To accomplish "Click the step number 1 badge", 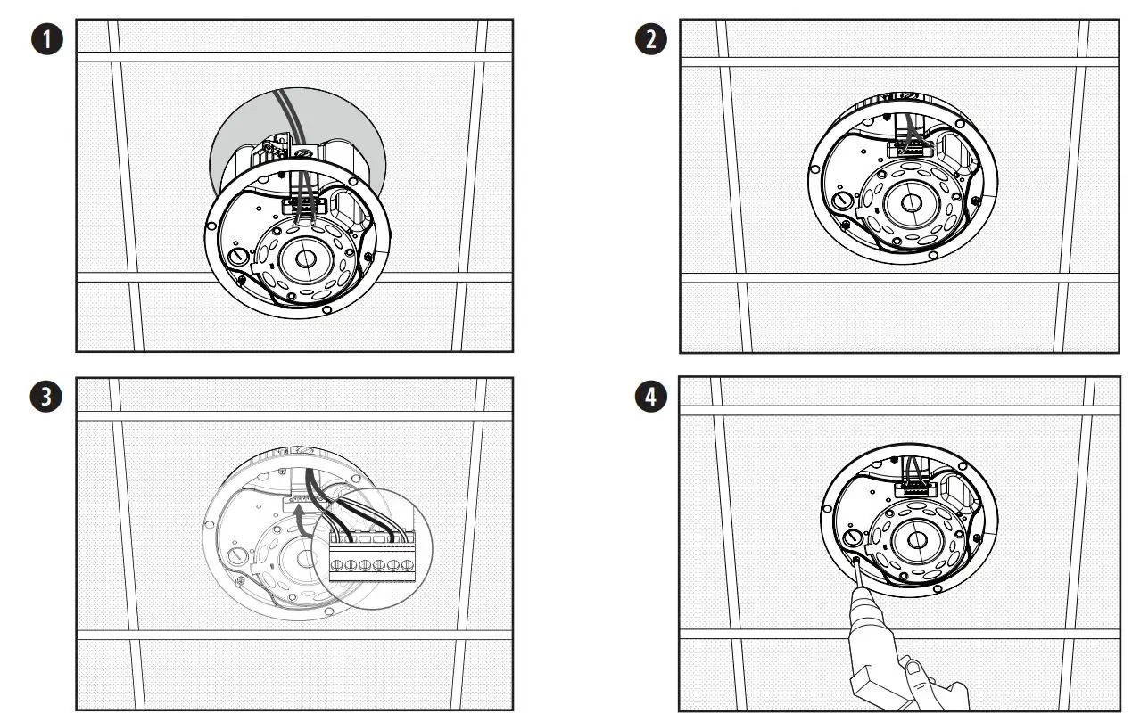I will (48, 40).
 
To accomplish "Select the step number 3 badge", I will (48, 398).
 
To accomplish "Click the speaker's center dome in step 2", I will (910, 202).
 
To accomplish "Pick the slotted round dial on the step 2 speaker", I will (840, 199).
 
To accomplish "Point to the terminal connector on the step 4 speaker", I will (913, 488).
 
